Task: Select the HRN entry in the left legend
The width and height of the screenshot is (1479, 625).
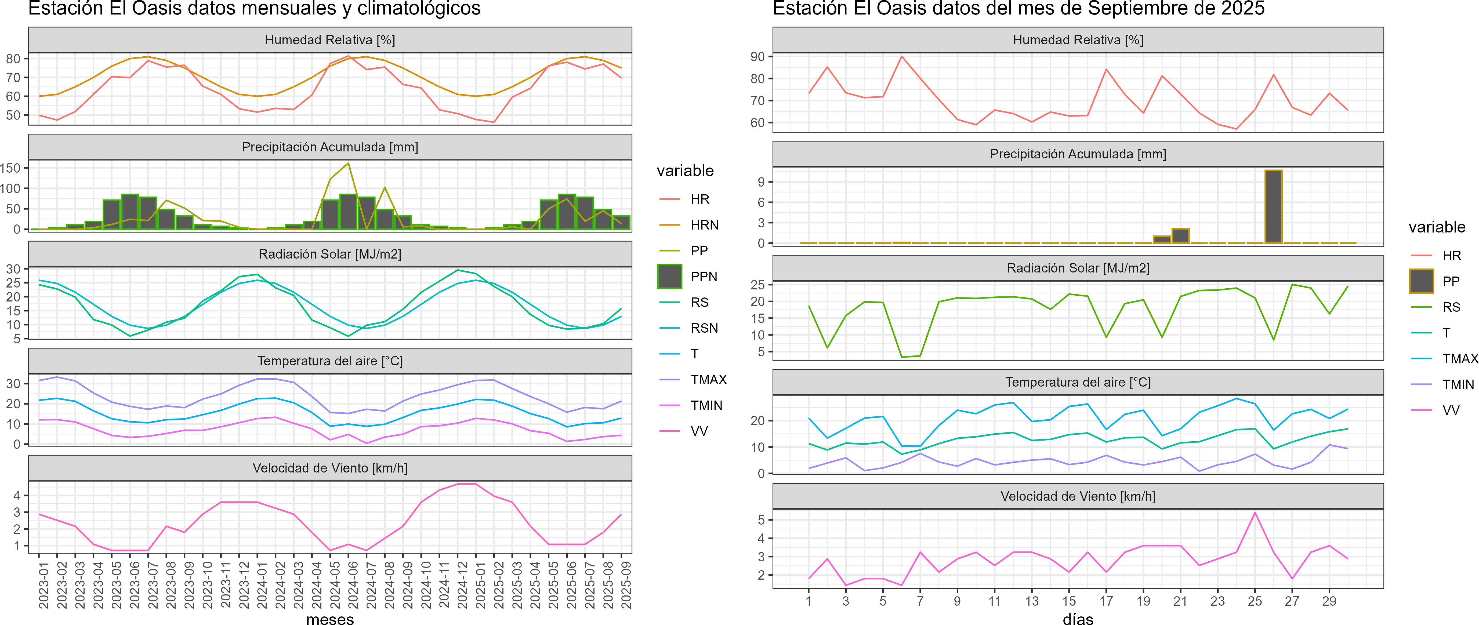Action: [705, 225]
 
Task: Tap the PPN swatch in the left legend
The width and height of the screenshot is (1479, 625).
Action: [669, 277]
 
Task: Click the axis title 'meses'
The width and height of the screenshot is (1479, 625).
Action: [330, 619]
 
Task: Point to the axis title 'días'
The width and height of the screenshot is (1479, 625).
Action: [1078, 619]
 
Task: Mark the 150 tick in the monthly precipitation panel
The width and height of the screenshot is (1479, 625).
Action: [10, 168]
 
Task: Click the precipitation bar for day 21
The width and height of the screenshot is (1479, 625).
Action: [1180, 236]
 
